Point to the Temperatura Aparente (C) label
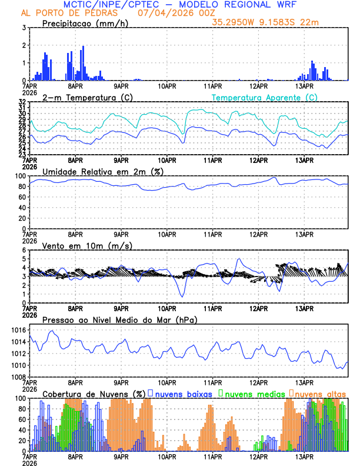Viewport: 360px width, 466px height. click(x=264, y=97)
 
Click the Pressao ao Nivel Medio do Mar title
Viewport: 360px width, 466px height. click(x=119, y=319)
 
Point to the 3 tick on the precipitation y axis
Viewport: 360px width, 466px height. click(x=24, y=28)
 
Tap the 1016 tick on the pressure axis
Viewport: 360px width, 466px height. click(x=18, y=330)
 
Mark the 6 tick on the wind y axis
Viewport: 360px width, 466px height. click(x=24, y=250)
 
